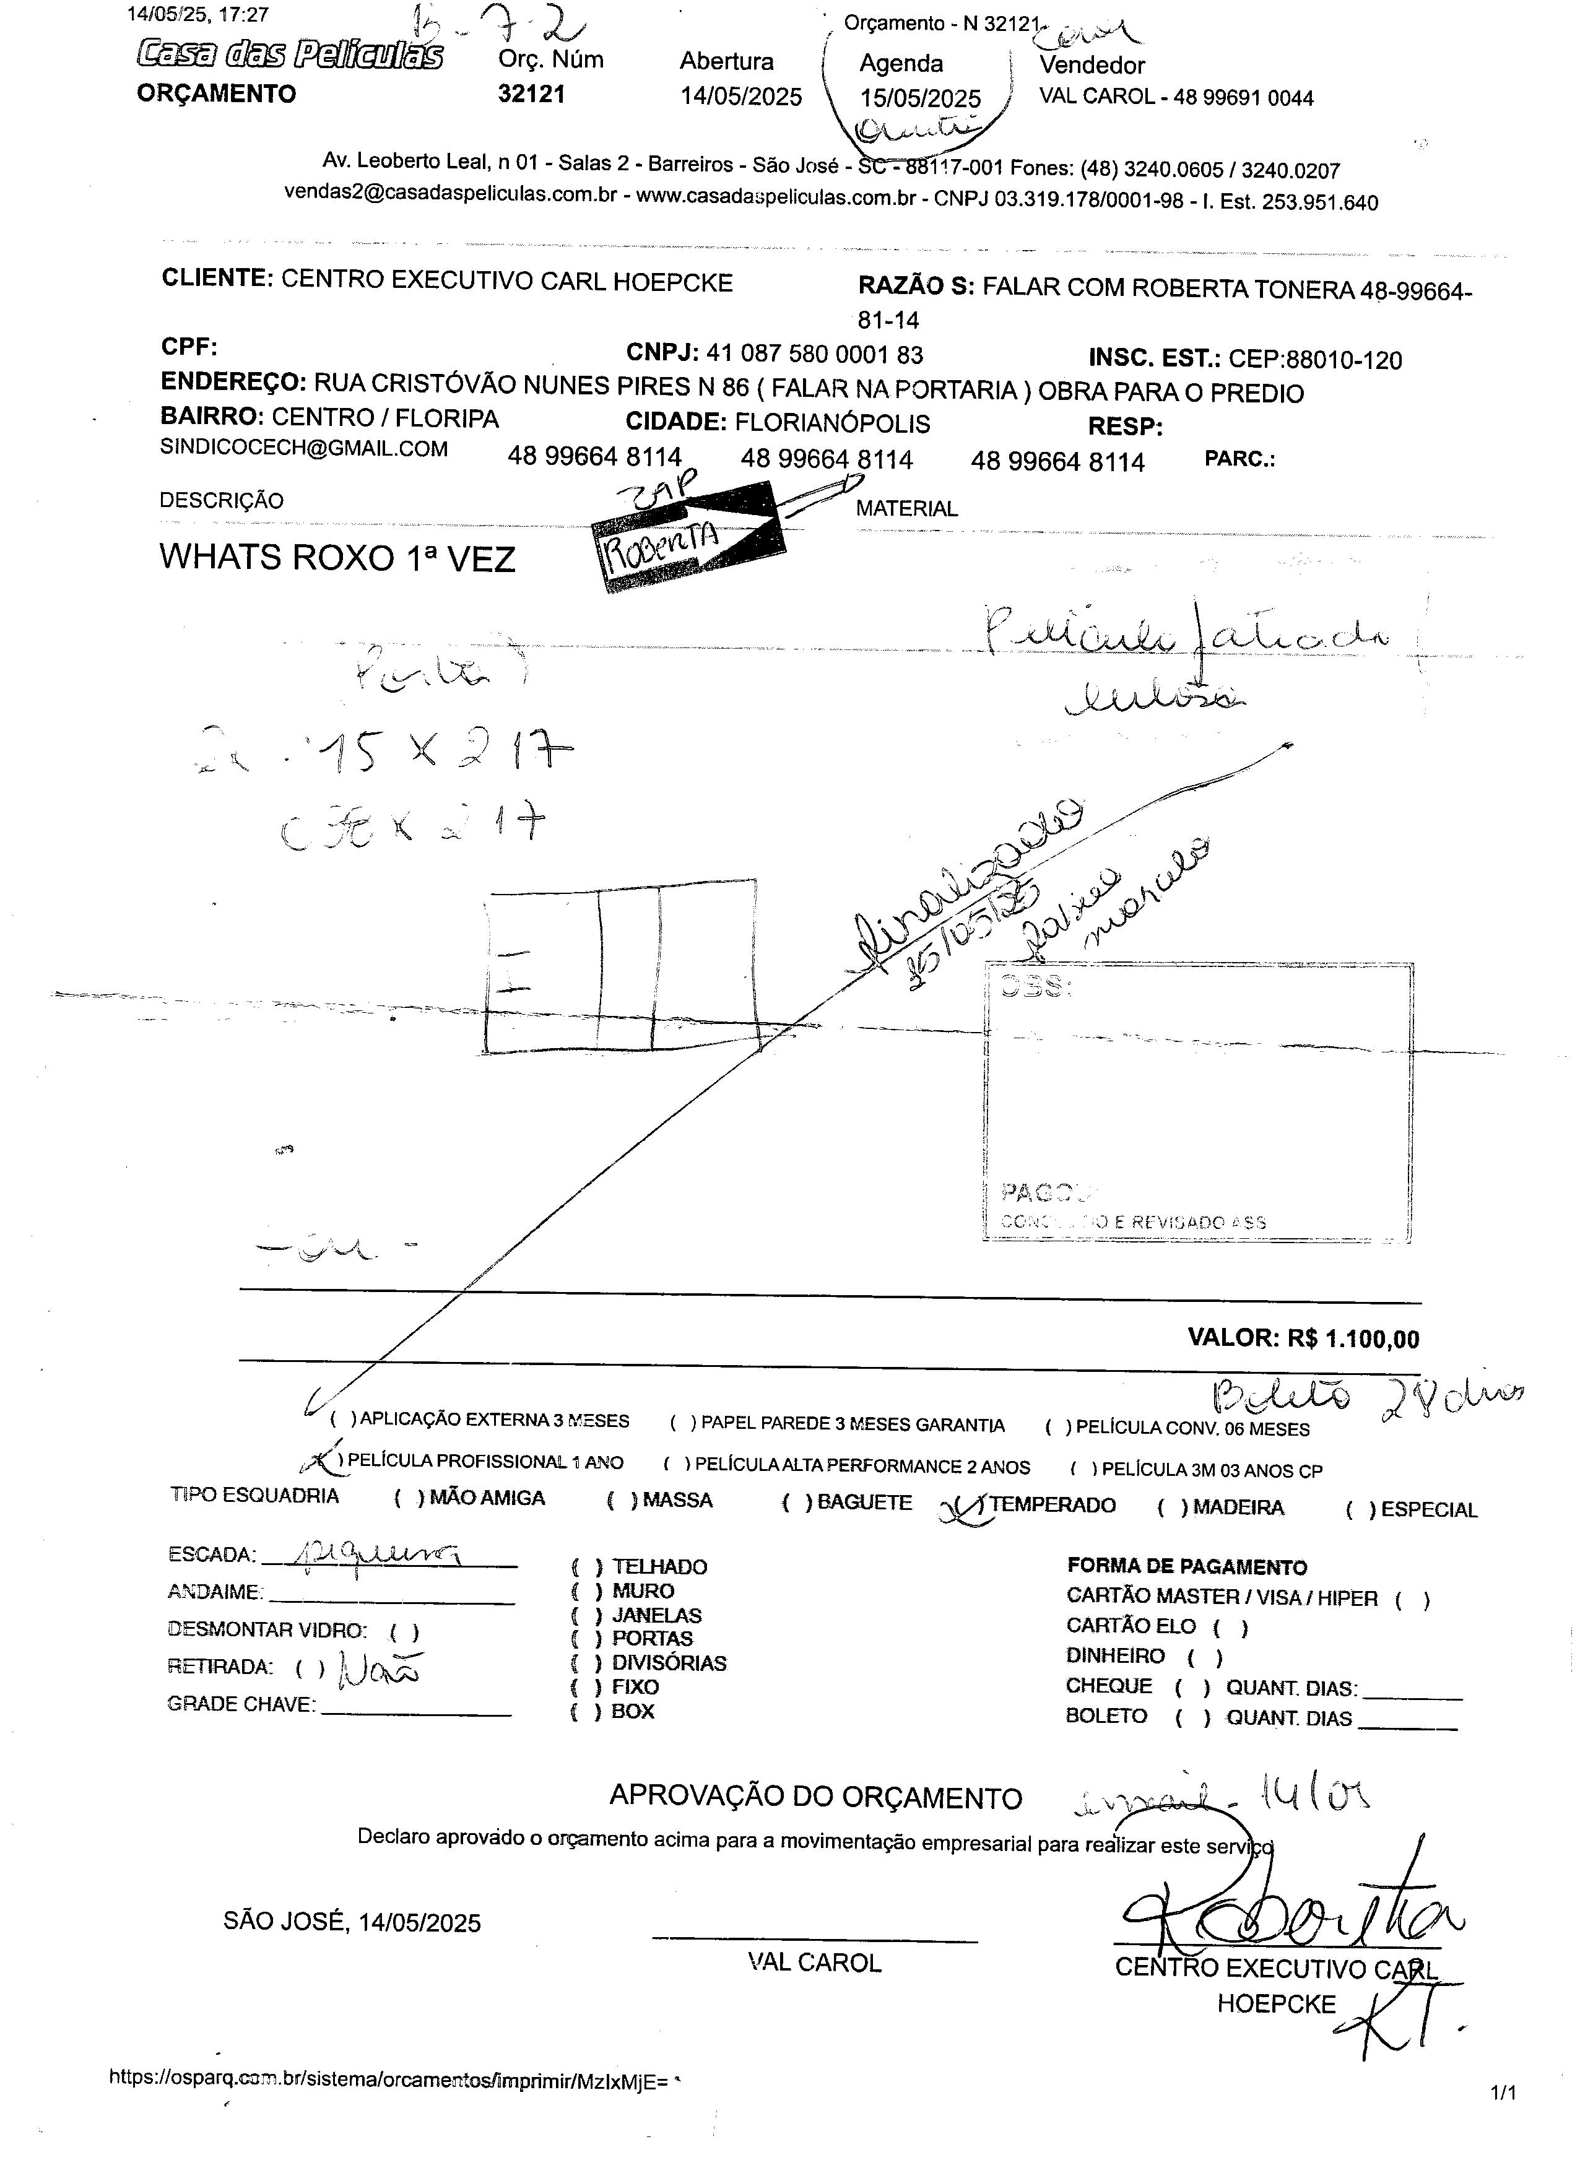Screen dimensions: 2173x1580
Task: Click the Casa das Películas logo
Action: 289,54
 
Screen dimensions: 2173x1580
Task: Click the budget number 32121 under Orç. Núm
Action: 531,94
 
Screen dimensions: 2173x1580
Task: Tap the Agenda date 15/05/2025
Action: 920,98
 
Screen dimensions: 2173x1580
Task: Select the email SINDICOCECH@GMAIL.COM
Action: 304,448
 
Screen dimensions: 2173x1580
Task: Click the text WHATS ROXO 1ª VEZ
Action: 337,558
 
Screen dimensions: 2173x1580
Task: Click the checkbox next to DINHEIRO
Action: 1204,1657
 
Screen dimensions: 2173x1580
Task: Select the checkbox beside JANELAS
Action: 586,1615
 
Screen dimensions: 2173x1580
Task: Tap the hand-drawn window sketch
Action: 621,973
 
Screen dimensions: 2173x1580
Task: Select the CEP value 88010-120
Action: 1343,360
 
